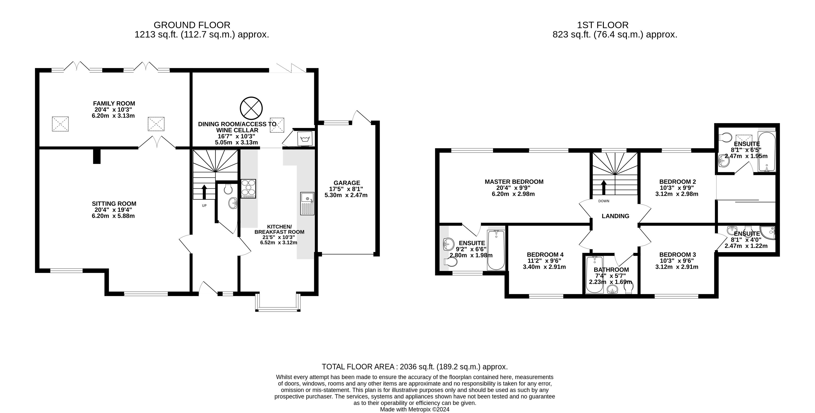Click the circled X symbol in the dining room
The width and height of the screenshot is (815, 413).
click(251, 108)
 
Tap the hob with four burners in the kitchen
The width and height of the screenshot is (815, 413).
click(248, 188)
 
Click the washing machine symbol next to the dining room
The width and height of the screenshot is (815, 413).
click(305, 139)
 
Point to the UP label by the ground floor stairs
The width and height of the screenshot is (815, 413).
click(204, 206)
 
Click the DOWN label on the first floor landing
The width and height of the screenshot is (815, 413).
click(604, 201)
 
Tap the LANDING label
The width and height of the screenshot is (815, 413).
click(615, 216)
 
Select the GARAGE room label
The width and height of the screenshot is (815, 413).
click(347, 183)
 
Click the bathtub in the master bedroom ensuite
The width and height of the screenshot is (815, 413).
click(496, 250)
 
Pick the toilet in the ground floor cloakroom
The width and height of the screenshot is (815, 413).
click(228, 189)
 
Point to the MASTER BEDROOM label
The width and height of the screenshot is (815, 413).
click(514, 182)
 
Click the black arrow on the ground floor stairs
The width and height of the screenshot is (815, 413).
click(204, 192)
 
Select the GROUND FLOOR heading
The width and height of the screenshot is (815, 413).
click(192, 25)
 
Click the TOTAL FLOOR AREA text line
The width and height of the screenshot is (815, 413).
click(414, 367)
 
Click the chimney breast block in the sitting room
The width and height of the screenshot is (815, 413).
click(97, 157)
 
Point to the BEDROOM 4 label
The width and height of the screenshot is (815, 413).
click(545, 255)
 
